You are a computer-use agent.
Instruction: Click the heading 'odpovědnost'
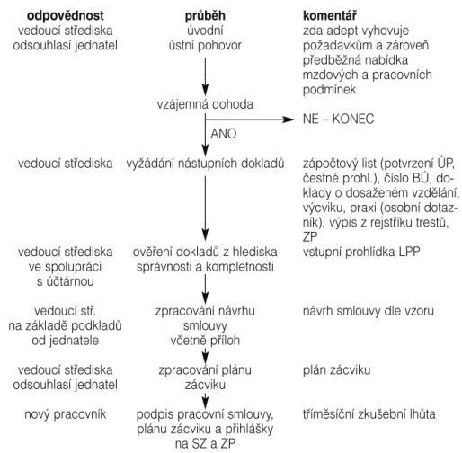66,16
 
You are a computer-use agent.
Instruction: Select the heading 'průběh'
205,16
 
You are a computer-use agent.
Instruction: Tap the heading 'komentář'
330,15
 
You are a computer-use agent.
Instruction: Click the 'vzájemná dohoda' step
205,104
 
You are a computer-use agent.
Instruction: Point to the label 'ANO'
224,134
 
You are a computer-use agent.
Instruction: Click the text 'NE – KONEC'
338,119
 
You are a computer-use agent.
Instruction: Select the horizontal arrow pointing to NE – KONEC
250,120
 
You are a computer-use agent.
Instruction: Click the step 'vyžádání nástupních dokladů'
205,164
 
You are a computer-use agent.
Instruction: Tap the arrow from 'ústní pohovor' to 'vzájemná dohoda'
205,76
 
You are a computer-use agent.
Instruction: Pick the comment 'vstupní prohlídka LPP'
361,252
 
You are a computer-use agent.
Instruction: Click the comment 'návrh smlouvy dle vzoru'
369,311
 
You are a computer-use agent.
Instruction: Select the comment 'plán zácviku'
336,370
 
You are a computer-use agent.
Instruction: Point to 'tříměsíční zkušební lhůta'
369,414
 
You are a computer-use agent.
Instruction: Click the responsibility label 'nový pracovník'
66,414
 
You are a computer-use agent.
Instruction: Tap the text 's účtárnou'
66,281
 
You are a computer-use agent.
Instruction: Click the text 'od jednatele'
66,341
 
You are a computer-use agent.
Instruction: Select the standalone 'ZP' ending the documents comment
310,237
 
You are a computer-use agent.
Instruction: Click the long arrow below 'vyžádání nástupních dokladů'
205,209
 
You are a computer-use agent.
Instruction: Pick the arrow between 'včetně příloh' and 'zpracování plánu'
205,356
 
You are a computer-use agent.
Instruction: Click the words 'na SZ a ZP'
205,444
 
